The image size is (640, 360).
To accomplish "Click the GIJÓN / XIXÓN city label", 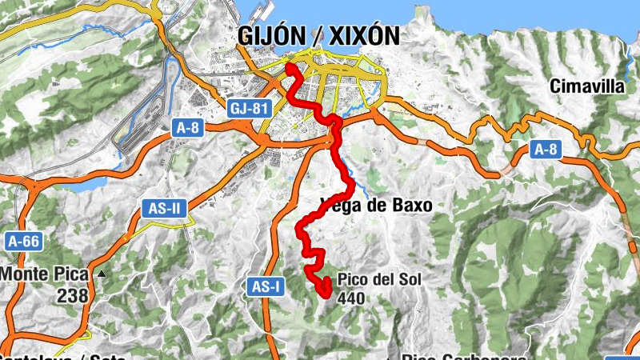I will pos(318,35).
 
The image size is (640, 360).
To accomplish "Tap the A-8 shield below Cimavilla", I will pos(544,148).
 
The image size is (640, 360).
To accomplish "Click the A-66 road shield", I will pos(24,239).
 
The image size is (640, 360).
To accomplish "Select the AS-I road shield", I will pos(265,286).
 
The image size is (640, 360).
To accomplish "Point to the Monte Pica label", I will pos(43,274).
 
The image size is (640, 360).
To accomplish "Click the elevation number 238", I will pos(72,295).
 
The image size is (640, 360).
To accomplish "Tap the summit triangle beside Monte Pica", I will pos(102,274).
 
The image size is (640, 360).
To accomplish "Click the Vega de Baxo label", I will pos(376,206).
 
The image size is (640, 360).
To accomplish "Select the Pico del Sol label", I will pos(378,280).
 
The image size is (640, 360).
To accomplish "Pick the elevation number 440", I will pos(353,298).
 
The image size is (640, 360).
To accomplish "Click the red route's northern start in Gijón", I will pos(287,66).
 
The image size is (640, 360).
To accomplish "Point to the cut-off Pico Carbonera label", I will pos(464,356).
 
